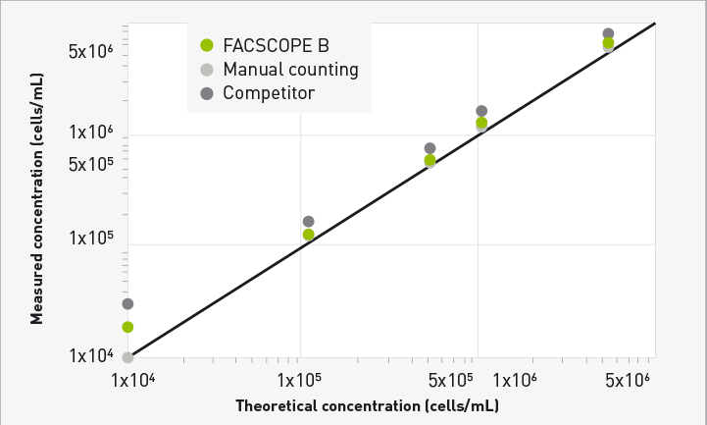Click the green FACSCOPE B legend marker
(x=206, y=45)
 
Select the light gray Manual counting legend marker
(x=206, y=70)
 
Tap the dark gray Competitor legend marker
(x=206, y=93)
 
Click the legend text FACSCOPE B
(x=276, y=45)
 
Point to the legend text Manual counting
(x=290, y=70)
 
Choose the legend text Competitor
(x=268, y=93)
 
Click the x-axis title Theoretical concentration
(x=367, y=404)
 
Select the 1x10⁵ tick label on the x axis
(x=302, y=380)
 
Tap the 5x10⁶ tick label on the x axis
(x=629, y=380)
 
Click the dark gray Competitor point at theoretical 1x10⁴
(x=127, y=304)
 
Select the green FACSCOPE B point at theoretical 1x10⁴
(x=127, y=327)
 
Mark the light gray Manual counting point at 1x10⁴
(x=127, y=357)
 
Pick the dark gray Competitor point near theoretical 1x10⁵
(x=309, y=222)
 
